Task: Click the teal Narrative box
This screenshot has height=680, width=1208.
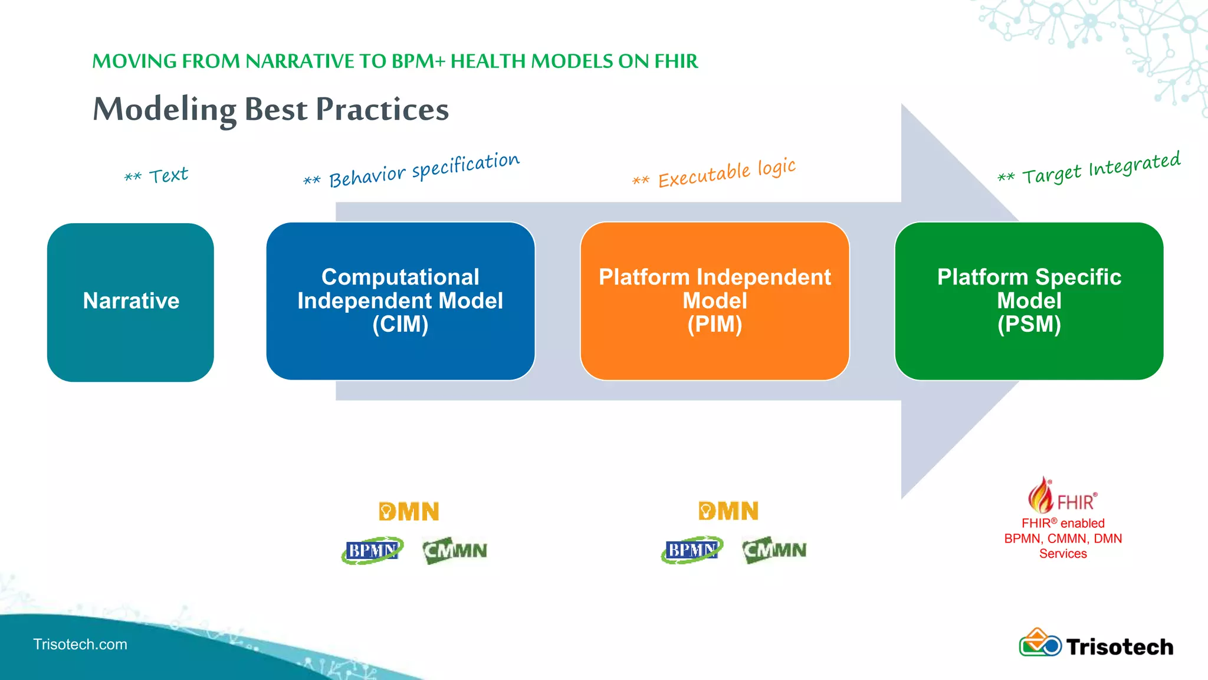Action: [x=130, y=302]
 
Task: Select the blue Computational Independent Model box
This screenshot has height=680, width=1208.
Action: [x=401, y=301]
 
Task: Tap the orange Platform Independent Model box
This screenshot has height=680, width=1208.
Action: [x=714, y=301]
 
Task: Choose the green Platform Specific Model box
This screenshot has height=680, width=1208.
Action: [x=1029, y=301]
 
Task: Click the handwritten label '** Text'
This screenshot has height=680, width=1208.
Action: [x=157, y=175]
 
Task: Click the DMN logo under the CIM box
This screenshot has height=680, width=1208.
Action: [x=409, y=511]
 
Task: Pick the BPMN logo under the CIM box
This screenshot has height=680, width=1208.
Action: [x=372, y=550]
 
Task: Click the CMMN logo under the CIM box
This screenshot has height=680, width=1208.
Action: [x=455, y=550]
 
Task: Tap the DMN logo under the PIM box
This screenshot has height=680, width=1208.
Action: [x=728, y=511]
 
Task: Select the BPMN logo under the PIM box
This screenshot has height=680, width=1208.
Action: [x=691, y=550]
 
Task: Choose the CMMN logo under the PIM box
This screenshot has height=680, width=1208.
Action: [x=774, y=550]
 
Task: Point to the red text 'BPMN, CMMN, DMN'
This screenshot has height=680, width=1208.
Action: [x=1063, y=538]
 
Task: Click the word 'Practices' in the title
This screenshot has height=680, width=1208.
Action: [x=382, y=109]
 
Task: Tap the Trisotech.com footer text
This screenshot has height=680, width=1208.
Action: [x=80, y=644]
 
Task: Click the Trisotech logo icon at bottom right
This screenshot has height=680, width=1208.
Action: [x=1040, y=643]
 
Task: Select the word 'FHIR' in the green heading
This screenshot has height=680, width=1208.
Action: [x=676, y=61]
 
